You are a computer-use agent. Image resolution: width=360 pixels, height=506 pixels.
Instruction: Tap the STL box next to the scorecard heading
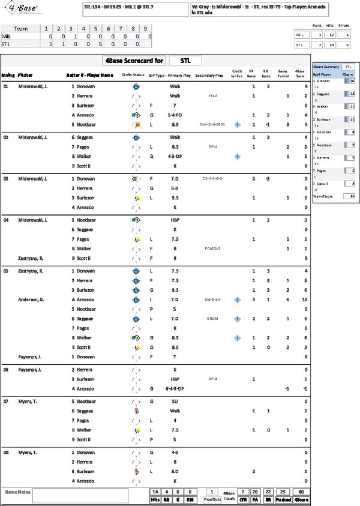pyautogui.click(x=185, y=61)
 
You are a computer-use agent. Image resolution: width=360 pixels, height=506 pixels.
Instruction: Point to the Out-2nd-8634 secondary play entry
pyautogui.click(x=212, y=124)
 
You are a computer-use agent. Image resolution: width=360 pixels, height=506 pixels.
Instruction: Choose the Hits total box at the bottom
pyautogui.click(x=155, y=495)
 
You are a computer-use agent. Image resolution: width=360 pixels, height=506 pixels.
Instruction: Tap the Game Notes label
pyautogui.click(x=16, y=491)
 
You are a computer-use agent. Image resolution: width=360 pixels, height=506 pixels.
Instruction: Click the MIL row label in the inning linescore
pyautogui.click(x=7, y=36)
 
